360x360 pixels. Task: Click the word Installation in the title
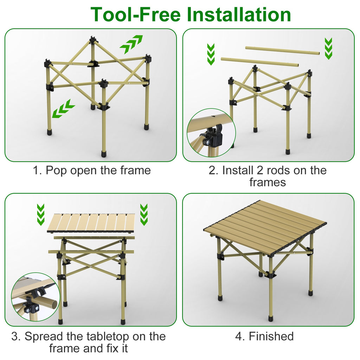click(239, 15)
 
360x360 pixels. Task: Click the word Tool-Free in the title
click(135, 15)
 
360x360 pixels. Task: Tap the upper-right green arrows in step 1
click(131, 44)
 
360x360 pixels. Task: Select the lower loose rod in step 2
click(260, 62)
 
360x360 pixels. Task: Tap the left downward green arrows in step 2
click(211, 54)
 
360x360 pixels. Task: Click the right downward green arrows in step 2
click(328, 49)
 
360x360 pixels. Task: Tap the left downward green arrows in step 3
click(41, 214)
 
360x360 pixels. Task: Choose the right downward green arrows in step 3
click(144, 214)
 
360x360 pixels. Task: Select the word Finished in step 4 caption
click(271, 336)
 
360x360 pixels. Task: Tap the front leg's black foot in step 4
click(270, 319)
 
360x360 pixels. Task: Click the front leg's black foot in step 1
click(104, 154)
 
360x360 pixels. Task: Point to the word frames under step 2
click(268, 182)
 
